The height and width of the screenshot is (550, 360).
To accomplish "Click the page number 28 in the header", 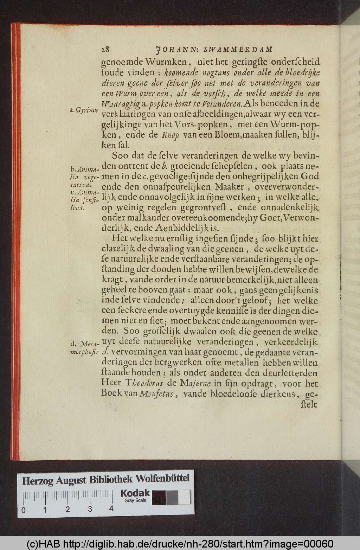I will tap(106, 49).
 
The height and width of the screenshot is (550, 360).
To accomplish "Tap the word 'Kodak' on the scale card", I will tap(135, 493).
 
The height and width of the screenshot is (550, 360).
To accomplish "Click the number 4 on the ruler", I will tap(111, 508).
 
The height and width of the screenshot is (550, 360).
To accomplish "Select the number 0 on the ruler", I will tap(23, 510).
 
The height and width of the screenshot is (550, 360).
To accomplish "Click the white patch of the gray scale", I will tap(184, 498).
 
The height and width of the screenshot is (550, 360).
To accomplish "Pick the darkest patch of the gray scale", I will tap(159, 498).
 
